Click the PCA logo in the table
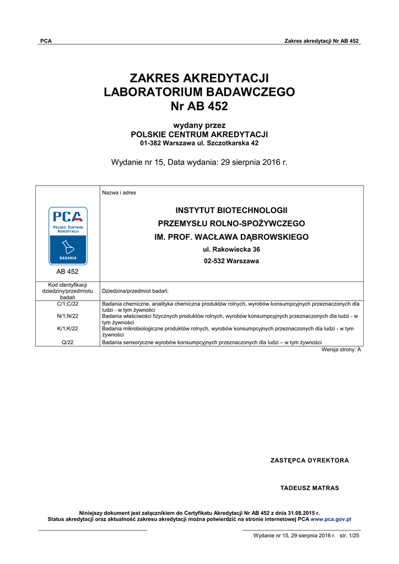coord(68,236)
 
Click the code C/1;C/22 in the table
coord(68,303)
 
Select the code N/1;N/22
coord(68,316)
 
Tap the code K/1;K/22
coord(68,329)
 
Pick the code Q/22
coord(68,342)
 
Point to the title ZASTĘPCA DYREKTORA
coord(310,460)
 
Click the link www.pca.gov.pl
coord(331,519)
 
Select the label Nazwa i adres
coord(119,193)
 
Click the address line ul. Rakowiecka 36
coord(231,250)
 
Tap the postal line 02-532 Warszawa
coord(231,261)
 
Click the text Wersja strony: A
coord(341,350)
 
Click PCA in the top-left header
coord(46,41)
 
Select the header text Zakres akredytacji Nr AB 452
coord(321,41)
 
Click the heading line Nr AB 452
coord(199,106)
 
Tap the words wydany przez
coord(199,125)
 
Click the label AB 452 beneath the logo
coord(68,272)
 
